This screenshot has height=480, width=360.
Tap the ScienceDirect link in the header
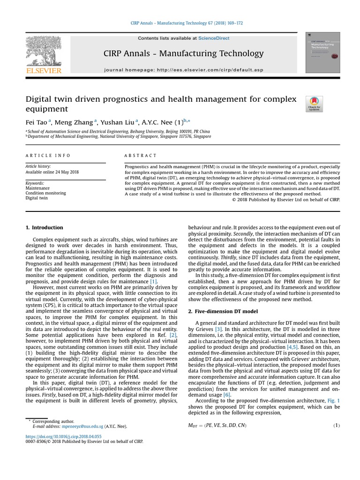[x=214, y=38]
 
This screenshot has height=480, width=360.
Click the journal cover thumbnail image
[x=322, y=52]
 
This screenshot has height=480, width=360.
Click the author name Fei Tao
[x=36, y=121]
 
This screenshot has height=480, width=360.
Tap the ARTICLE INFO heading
[x=48, y=156]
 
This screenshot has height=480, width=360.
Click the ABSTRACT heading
[x=141, y=156]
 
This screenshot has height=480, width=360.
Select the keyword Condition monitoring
[x=45, y=193]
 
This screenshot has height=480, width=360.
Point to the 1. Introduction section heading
[x=44, y=228]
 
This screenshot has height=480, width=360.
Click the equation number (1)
[x=336, y=425]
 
